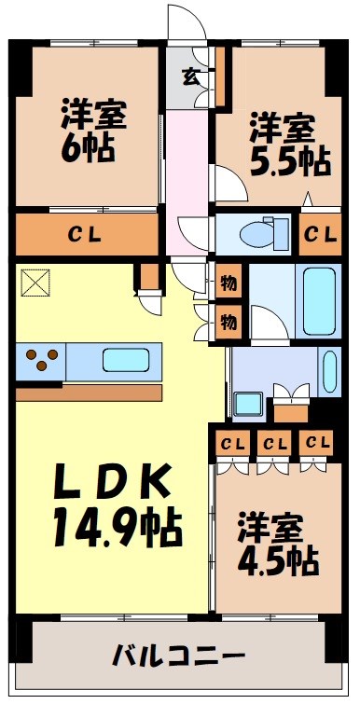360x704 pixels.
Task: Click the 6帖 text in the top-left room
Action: point(90,148)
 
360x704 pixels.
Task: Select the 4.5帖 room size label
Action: point(277,559)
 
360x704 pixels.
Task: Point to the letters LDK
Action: point(110,483)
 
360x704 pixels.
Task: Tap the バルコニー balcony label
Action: point(179,655)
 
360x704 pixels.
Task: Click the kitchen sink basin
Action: point(126,359)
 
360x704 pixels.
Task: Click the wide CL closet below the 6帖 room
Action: point(90,234)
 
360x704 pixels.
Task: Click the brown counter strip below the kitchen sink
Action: point(90,392)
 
